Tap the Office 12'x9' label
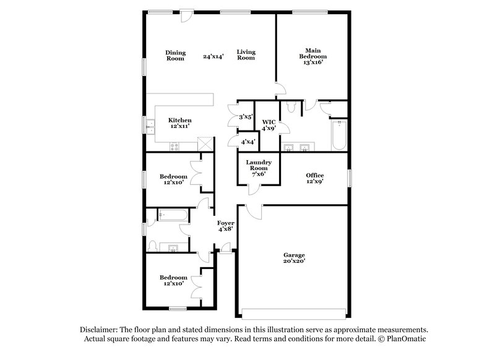pos(315,179)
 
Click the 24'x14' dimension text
pos(213,56)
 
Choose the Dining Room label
pos(175,55)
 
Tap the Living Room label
pos(246,55)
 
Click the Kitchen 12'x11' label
pos(180,122)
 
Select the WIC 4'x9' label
pos(269,125)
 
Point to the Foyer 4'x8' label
pos(225,226)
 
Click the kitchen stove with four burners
pos(174,146)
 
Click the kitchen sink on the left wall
pos(150,126)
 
